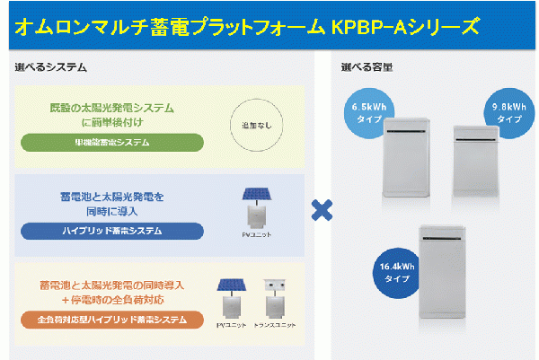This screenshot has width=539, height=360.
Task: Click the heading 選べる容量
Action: (x=367, y=67)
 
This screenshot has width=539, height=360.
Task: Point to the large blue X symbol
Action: (x=322, y=210)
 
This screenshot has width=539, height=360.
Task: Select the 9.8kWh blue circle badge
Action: (x=509, y=112)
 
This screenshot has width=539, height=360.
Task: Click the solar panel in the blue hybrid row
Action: (x=259, y=195)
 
